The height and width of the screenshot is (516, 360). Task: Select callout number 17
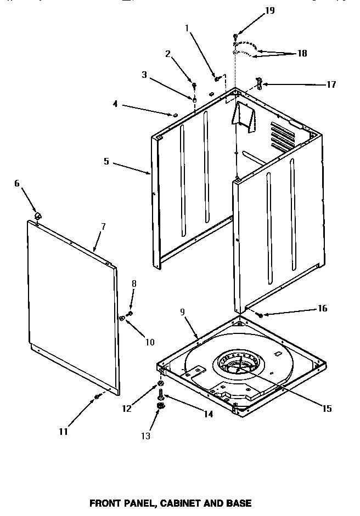tap(330, 84)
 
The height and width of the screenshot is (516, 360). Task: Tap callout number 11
tap(63, 432)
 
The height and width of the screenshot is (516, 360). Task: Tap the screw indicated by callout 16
tap(259, 315)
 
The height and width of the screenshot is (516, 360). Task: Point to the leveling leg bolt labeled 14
tap(161, 393)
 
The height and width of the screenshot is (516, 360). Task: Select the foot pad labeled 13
tap(161, 406)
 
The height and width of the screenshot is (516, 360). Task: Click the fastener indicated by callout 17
tap(259, 84)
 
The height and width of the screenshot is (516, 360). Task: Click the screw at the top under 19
tap(235, 36)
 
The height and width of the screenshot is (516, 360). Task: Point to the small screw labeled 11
tap(97, 396)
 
